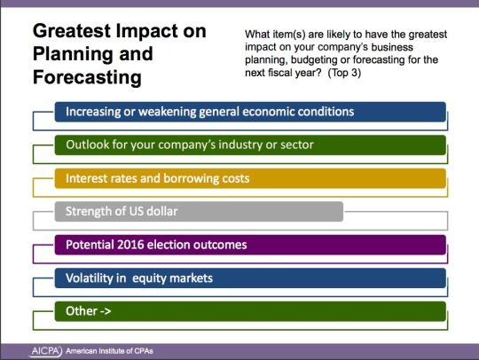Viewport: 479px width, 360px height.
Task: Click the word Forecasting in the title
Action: (87, 77)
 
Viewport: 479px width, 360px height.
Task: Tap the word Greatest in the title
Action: (72, 31)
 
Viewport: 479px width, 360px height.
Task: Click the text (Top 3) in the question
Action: (344, 73)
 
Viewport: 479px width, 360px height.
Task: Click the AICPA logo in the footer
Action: (45, 351)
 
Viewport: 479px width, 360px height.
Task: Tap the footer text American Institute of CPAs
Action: (109, 351)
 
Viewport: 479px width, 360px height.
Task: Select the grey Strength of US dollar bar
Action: (199, 211)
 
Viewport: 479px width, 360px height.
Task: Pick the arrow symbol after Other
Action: (106, 311)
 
